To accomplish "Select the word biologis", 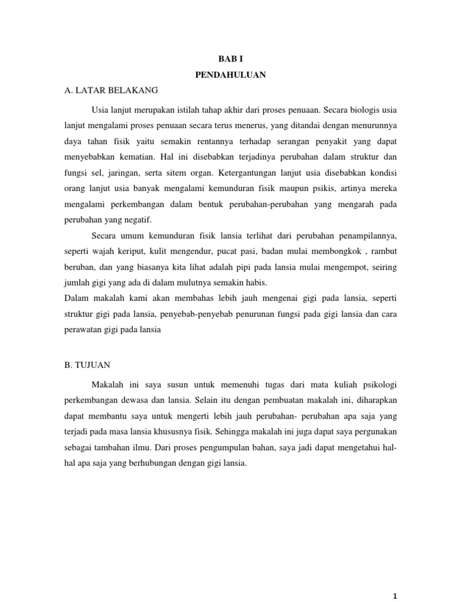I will [x=362, y=109].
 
